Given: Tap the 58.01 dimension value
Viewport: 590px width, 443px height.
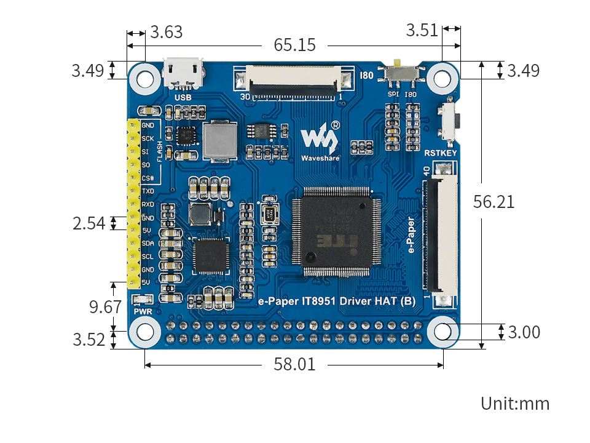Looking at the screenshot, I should coord(294,364).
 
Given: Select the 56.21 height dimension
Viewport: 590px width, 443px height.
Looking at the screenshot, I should coord(494,201).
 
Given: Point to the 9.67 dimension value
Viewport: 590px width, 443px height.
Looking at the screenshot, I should coord(105,306).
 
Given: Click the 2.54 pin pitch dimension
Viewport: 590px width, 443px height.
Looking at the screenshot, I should coord(90,223).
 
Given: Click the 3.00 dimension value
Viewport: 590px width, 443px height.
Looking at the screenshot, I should coord(524,332).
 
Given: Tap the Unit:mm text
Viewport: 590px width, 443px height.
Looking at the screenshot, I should coord(514,404).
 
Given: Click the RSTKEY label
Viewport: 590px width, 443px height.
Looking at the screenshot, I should coord(441,152).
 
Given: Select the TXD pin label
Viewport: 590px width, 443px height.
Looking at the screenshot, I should coord(148,192).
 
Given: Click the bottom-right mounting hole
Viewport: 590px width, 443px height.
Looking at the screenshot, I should coord(442,332).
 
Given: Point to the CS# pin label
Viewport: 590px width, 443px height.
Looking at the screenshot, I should coord(148,178).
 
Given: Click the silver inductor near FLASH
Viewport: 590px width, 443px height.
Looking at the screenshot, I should coord(219,141).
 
